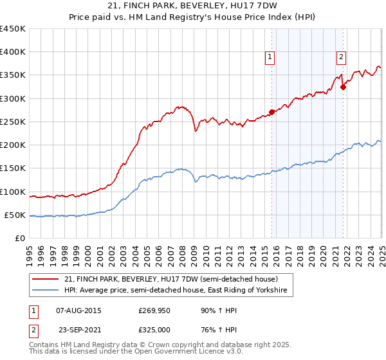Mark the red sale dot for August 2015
(x=271, y=112)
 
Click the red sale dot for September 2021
(x=344, y=87)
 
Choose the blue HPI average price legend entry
(x=178, y=291)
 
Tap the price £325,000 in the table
(x=158, y=330)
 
